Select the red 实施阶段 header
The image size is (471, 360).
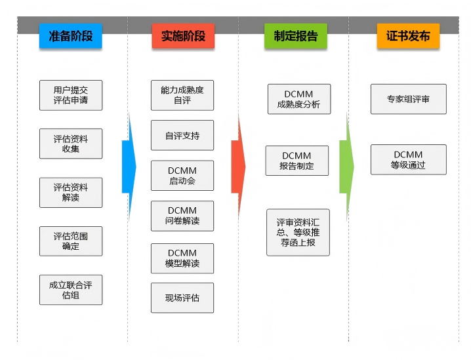[183, 36]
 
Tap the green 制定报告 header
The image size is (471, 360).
[295, 36]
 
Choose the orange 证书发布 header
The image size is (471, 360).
[408, 36]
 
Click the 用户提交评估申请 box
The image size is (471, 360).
[71, 95]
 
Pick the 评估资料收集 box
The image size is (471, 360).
[71, 144]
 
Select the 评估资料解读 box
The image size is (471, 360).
[71, 192]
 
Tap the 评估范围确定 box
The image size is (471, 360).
[71, 241]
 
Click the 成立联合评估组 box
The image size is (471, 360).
[71, 289]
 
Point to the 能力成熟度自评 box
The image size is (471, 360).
[182, 95]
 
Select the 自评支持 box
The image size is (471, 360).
[182, 136]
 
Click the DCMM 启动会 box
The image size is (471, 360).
[182, 176]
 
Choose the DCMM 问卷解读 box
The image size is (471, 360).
[182, 216]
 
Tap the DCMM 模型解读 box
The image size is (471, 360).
[182, 258]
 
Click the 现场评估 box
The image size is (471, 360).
[182, 298]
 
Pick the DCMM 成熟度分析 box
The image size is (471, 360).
[298, 99]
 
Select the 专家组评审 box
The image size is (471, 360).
[408, 99]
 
